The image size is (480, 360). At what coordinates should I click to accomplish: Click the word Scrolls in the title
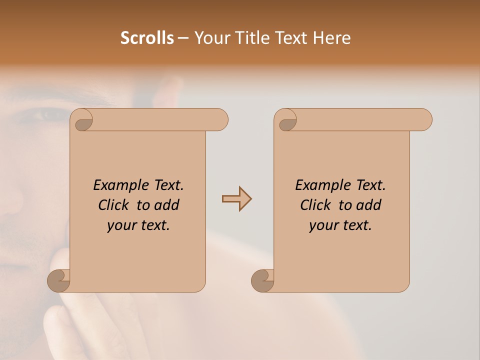tap(147, 38)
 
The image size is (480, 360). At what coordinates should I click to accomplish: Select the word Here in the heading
tap(332, 38)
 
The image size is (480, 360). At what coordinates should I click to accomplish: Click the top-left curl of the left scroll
tap(83, 120)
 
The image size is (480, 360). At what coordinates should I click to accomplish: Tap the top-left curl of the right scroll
tap(287, 120)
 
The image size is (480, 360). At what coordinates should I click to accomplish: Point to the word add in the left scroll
tap(167, 205)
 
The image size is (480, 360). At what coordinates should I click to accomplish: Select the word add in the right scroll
tap(369, 205)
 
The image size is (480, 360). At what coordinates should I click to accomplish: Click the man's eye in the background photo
tap(47, 115)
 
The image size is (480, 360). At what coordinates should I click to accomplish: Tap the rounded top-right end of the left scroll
tap(220, 120)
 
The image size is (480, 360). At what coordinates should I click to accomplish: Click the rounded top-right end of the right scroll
tap(424, 120)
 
